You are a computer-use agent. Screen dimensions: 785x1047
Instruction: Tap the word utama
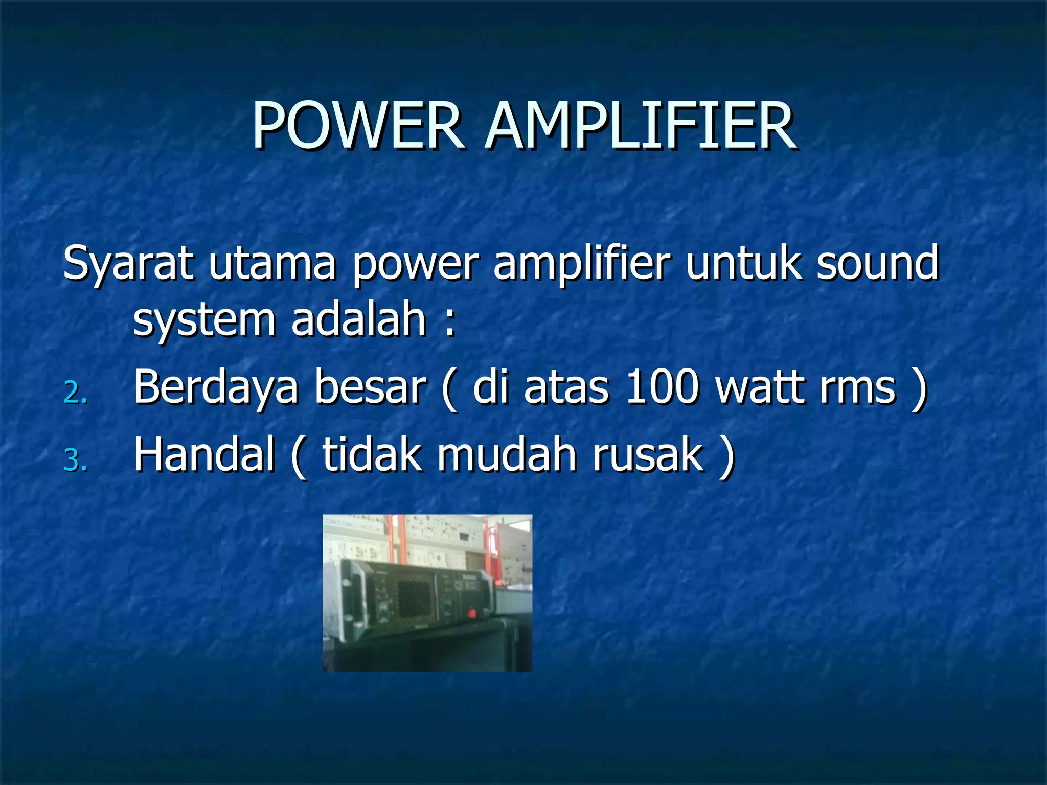point(272,264)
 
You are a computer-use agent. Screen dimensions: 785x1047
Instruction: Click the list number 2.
point(75,394)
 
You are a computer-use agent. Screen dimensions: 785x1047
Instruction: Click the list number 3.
point(75,460)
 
